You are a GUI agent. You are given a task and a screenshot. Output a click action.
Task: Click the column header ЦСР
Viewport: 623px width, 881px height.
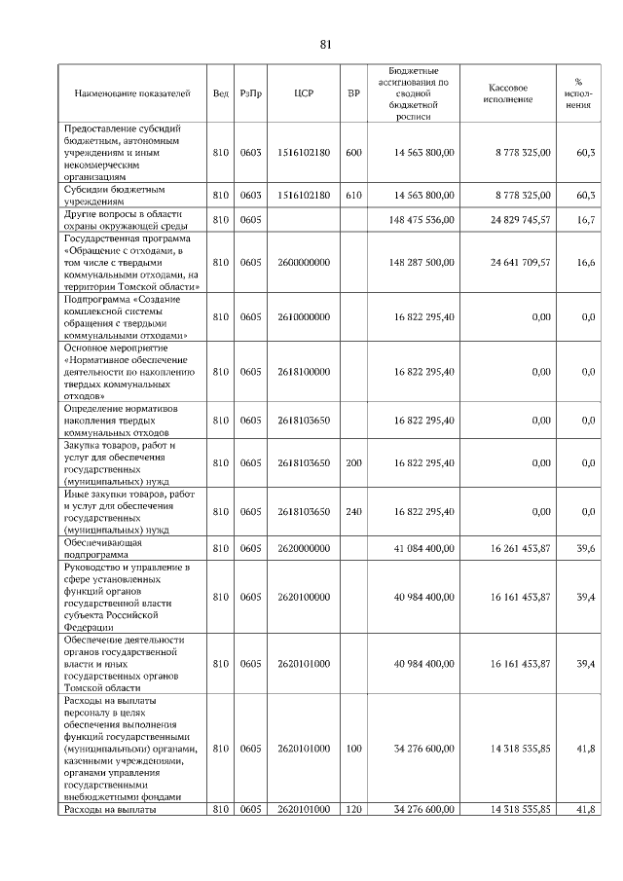coord(302,94)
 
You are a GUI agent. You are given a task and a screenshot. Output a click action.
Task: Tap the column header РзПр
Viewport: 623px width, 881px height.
coord(251,94)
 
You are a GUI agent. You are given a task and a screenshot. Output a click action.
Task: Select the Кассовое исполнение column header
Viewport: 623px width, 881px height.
coord(507,94)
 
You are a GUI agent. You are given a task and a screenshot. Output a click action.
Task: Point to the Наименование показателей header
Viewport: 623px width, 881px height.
coord(132,94)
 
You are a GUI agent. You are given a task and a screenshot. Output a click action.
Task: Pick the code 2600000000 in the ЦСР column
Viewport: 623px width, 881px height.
coord(303,263)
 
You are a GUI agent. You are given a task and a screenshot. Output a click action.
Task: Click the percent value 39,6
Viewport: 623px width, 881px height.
coord(585,549)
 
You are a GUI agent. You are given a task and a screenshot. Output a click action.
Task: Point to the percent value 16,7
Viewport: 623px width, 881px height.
coord(585,221)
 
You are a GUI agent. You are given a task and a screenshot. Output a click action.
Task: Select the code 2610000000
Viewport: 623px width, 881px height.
coord(303,317)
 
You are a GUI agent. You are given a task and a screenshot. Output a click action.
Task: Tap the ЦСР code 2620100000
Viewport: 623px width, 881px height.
coord(303,597)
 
